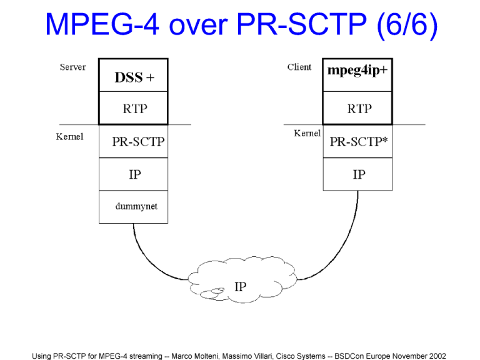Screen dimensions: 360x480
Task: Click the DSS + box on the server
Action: pos(133,76)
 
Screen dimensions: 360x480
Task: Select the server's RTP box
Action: pos(133,109)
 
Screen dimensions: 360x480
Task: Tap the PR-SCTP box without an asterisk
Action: pos(133,141)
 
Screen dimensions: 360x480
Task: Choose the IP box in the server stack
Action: pos(133,174)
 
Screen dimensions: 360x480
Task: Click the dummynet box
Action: pos(133,207)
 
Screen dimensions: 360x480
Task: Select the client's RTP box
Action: pos(357,109)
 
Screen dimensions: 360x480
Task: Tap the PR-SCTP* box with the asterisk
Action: pos(357,141)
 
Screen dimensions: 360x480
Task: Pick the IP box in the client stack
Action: pos(357,174)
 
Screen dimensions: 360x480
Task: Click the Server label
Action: pos(73,67)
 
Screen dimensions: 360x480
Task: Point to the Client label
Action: pos(299,67)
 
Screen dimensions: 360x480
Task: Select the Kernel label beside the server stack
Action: pos(69,137)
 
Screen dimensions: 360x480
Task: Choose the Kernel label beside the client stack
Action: pos(307,133)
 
